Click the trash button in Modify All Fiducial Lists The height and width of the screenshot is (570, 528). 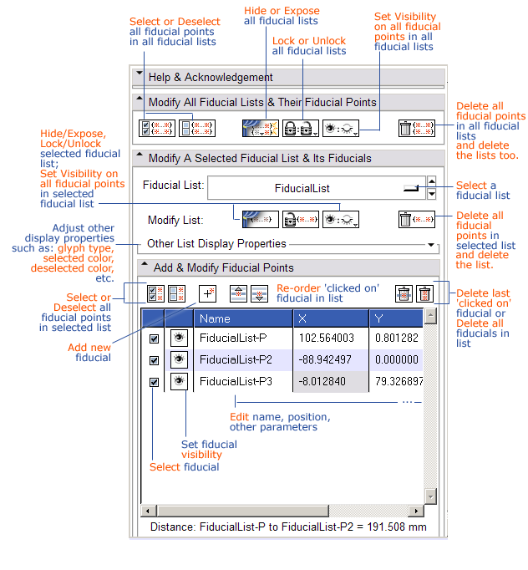[x=415, y=128]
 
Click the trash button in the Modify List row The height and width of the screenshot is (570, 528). [x=415, y=220]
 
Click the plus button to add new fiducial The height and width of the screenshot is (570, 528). [x=208, y=294]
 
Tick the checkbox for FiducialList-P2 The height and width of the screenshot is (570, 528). [x=154, y=360]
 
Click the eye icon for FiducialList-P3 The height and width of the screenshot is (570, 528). [x=179, y=381]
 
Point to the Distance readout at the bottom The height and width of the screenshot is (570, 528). [x=288, y=527]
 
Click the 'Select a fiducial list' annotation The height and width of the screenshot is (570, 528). [x=483, y=190]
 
